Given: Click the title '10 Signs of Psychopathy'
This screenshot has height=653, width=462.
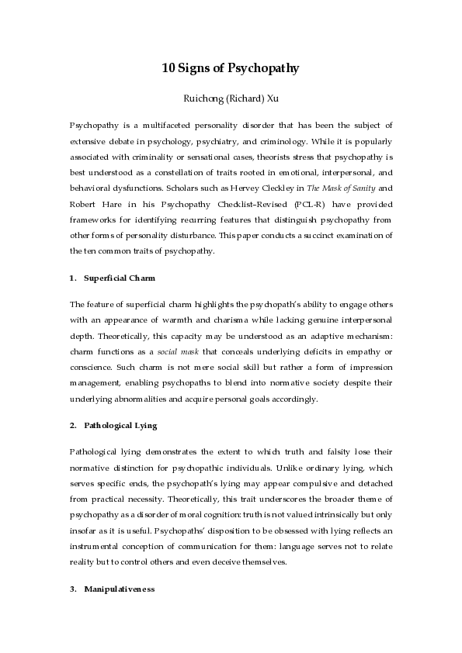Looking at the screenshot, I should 231,68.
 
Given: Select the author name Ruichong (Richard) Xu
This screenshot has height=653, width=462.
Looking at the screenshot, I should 231,98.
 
